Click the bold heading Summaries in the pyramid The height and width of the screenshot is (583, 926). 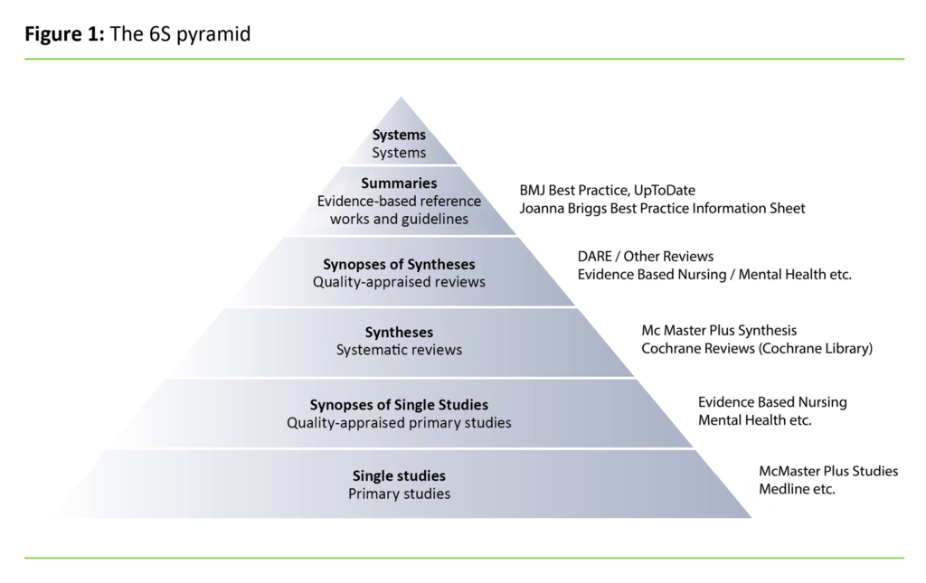399,183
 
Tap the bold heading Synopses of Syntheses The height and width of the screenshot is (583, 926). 399,264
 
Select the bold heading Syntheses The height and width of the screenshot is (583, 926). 399,332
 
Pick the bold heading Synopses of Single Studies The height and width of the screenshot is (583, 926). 399,404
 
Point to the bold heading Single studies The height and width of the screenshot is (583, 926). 399,475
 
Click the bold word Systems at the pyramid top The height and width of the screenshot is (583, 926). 399,135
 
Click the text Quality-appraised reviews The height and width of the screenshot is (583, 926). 399,282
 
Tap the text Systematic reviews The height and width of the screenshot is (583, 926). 399,350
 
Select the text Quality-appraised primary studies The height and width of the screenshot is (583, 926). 399,422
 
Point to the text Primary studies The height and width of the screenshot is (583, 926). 399,494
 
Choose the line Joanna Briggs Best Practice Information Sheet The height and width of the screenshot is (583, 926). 662,209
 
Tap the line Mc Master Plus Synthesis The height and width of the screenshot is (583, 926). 719,331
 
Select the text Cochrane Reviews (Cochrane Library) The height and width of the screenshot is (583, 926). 757,349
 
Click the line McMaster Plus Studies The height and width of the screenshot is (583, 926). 828,471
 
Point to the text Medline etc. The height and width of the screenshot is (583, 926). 797,489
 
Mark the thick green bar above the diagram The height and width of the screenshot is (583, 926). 463,59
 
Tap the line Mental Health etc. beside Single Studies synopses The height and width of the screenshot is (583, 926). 754,420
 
